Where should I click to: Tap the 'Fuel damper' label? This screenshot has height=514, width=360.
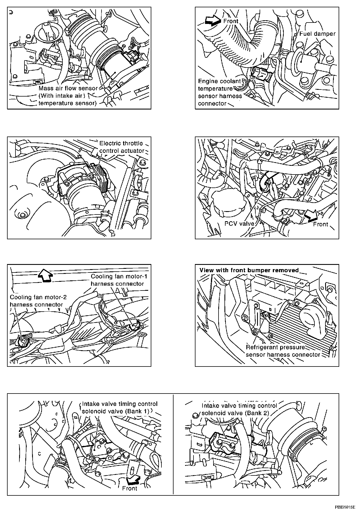pos(317,34)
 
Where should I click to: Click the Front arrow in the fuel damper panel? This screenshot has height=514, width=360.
pos(212,21)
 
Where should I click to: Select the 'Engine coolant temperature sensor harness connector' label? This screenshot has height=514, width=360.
pos(220,92)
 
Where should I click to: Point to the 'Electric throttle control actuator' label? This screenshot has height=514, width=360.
pos(121,147)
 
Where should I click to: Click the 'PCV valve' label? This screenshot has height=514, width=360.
pos(239,224)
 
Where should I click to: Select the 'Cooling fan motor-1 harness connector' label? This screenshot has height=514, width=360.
pos(119,280)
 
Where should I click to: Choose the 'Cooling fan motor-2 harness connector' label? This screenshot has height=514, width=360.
pos(38,301)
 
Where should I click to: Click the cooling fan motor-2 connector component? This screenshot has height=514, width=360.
pos(23,341)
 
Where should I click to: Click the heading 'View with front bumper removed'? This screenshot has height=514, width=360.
pos(249,270)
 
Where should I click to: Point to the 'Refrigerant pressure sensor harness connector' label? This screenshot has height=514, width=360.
pos(283,351)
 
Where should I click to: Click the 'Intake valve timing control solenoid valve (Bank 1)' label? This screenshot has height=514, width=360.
pos(119,408)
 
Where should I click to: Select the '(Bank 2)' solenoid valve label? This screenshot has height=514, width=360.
pos(239,409)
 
